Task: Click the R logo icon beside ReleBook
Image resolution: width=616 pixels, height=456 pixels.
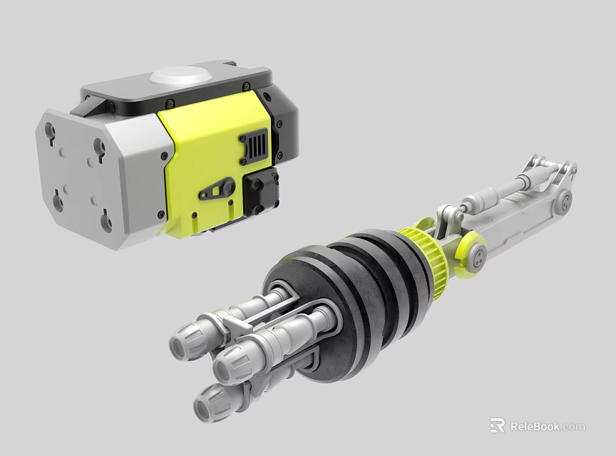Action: point(497,426)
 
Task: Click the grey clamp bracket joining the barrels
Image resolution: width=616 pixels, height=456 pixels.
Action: point(235,324)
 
